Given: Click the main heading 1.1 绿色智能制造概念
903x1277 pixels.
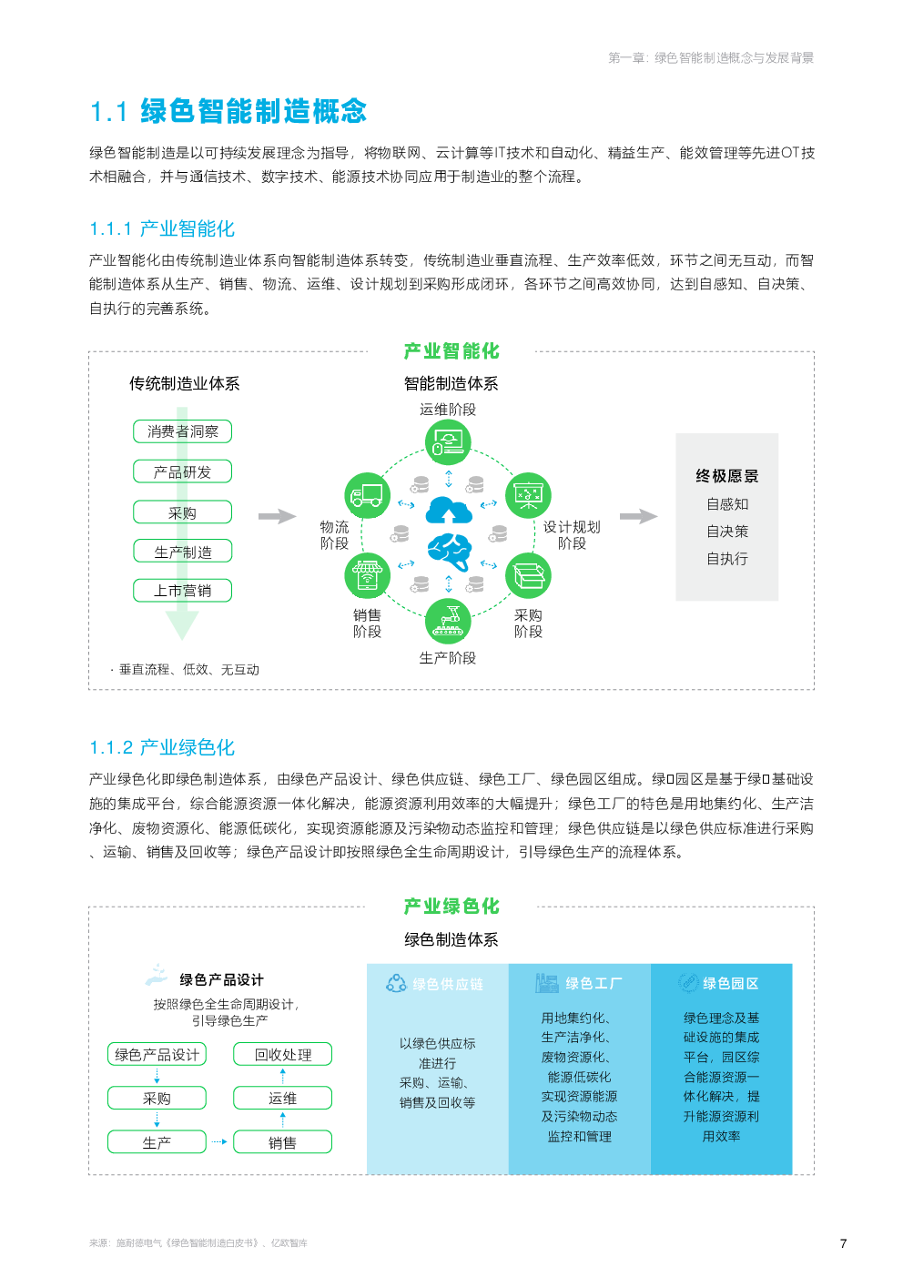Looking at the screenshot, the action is [228, 111].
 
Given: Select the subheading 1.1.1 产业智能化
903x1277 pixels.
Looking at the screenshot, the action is [162, 228].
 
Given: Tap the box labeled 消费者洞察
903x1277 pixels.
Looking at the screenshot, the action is [182, 431].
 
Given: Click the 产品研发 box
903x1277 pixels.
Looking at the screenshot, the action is [182, 471].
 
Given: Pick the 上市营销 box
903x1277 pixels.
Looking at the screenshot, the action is [182, 590].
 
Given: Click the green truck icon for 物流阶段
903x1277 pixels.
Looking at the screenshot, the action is [367, 495].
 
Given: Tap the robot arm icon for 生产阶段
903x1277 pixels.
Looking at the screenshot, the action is [448, 621].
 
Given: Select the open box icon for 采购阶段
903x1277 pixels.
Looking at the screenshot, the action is [529, 576].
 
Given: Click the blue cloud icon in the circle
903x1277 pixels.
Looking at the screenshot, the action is [449, 510].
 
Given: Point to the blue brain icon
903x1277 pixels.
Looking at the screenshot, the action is [450, 552].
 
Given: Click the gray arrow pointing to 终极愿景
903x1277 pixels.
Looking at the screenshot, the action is [638, 516].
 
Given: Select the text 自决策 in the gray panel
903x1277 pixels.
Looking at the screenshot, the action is [726, 532].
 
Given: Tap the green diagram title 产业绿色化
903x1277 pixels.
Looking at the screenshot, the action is [451, 906].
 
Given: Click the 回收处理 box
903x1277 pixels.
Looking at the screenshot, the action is [283, 1054].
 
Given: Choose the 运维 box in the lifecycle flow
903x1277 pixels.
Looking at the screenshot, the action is [283, 1098].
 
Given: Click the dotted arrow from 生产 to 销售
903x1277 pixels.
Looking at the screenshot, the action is [219, 1142].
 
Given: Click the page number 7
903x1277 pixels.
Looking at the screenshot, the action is [843, 1243].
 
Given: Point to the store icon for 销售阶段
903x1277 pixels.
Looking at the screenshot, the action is [367, 576].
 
